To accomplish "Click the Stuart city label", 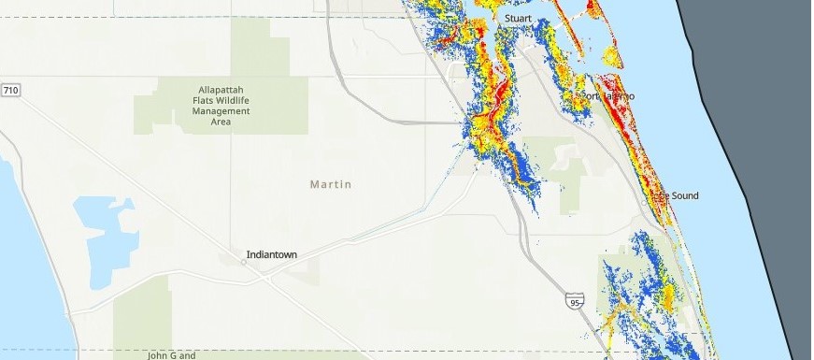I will coord(518,19).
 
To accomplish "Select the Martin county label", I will coord(331,184).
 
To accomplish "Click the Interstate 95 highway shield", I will coord(576,300).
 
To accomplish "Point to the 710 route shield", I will coord(10,90).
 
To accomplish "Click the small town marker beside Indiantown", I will coord(243,262).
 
